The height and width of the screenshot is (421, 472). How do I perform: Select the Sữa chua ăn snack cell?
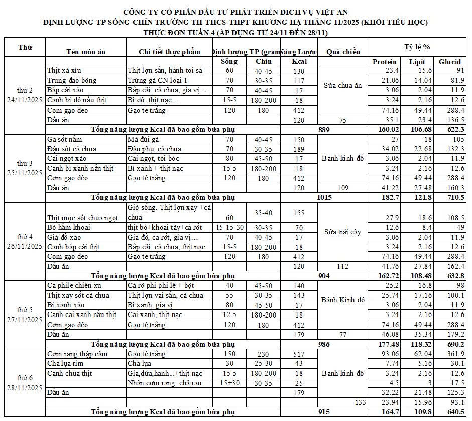tap(343, 85)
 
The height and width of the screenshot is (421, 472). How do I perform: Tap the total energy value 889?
tap(324, 129)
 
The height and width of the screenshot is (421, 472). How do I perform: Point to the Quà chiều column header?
tap(343, 52)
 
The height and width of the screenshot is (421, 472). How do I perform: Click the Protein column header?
tap(384, 62)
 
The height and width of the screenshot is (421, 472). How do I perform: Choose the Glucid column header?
tap(449, 62)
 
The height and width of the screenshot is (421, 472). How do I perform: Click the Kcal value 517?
tap(298, 354)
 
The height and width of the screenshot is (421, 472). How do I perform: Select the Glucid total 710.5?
tap(450, 197)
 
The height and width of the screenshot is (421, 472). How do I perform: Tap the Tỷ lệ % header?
tap(417, 47)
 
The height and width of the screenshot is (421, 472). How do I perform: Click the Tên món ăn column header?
tap(85, 52)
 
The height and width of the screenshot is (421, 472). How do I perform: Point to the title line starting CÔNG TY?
tap(235, 12)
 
